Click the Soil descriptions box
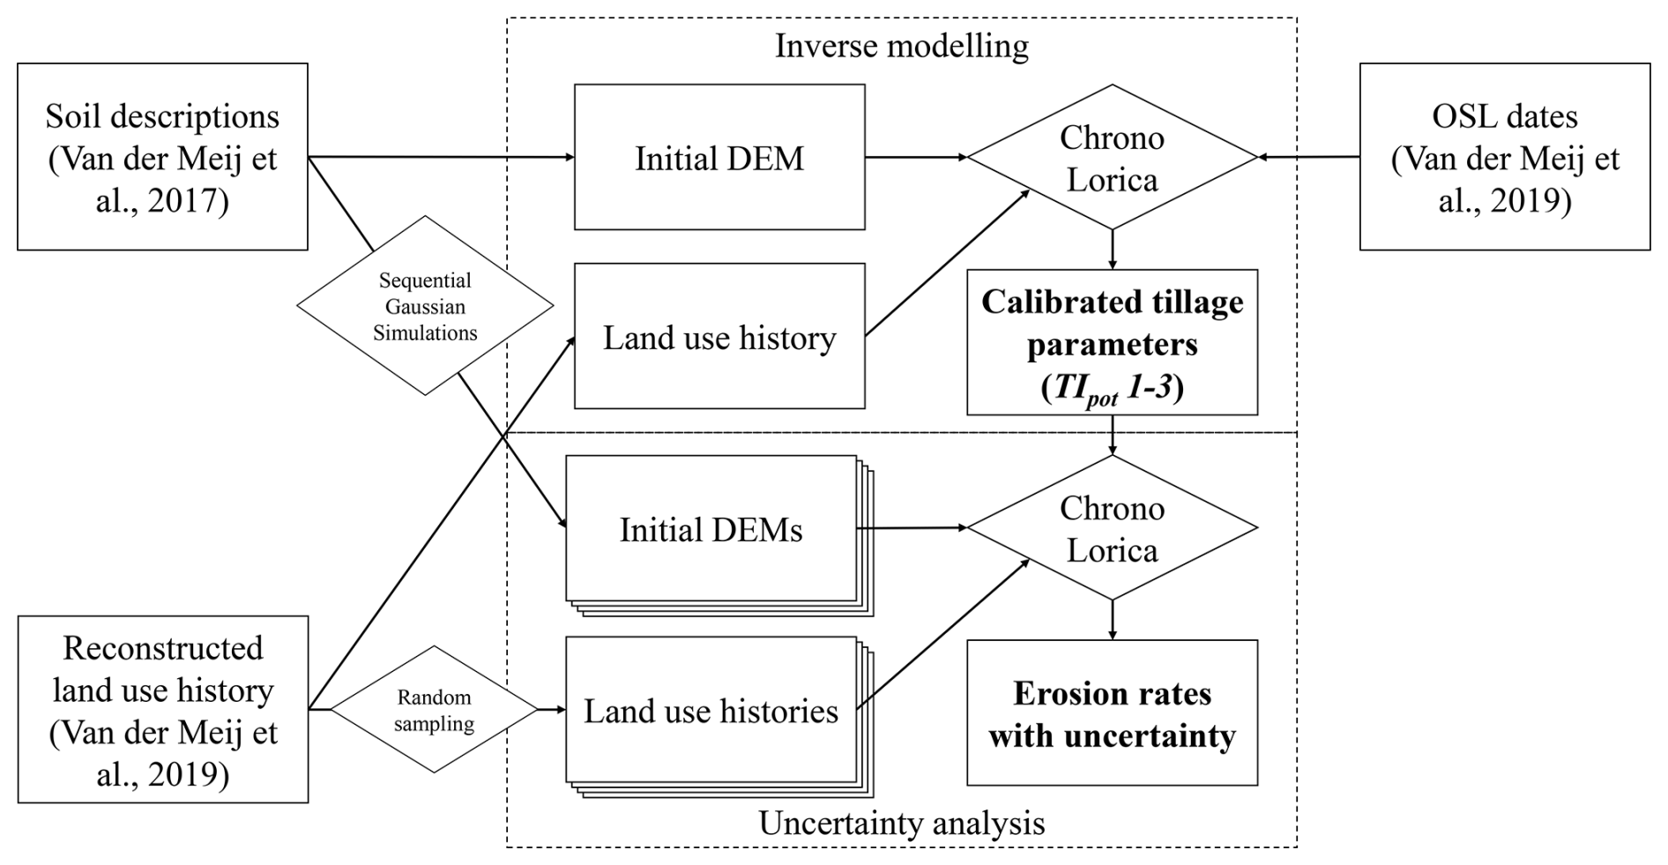[162, 157]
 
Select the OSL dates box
[1504, 157]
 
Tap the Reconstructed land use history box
[163, 710]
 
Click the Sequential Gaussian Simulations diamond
[425, 306]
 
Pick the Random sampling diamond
[434, 710]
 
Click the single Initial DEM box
[719, 158]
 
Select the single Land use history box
[719, 337]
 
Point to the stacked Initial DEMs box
[711, 529]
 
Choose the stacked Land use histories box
[711, 711]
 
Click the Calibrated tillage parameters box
[1112, 343]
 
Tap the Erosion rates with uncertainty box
[1112, 713]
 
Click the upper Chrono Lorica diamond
[1112, 158]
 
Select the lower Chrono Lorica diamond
[1112, 528]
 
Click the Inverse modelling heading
[901, 46]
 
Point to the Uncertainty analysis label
[901, 824]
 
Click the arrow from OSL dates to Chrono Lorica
[1308, 158]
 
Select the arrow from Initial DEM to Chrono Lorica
[916, 158]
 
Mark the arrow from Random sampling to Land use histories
[552, 710]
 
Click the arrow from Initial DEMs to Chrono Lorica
[912, 528]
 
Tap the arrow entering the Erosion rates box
[1113, 621]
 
